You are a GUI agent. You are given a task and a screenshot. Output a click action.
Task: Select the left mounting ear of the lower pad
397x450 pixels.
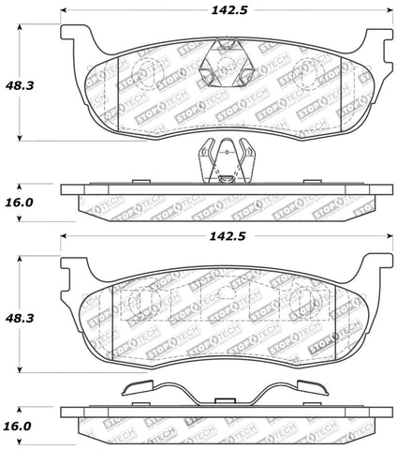coord(72,272)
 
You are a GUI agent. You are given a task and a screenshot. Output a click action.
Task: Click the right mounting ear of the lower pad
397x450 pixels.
coord(375,272)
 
